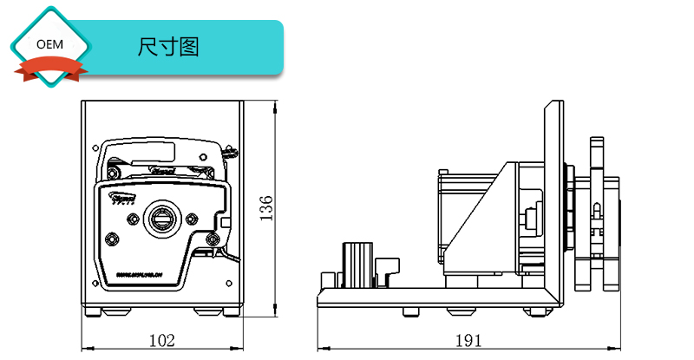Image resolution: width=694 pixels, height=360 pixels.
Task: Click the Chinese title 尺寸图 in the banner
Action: (x=168, y=47)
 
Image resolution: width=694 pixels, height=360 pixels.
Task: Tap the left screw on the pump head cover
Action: (x=110, y=238)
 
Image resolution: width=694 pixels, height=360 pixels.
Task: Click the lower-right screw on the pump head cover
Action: (x=212, y=239)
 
